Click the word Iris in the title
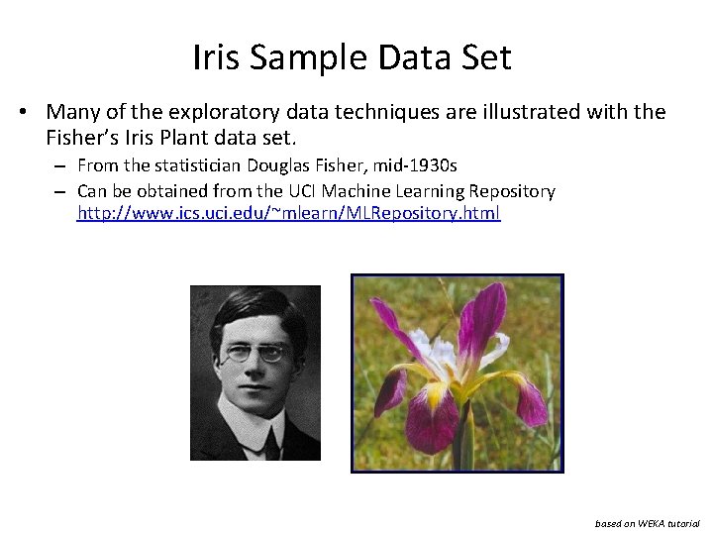click(x=217, y=57)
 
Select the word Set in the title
click(x=485, y=57)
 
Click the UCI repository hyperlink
click(x=289, y=213)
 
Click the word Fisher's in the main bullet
click(x=83, y=136)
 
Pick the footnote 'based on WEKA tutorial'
click(x=647, y=522)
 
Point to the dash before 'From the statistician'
click(x=60, y=165)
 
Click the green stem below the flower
click(x=461, y=446)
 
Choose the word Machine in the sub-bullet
click(x=328, y=190)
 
